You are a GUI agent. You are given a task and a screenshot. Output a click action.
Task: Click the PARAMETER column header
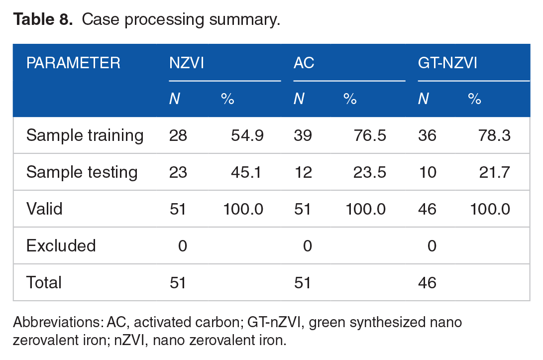tap(73, 63)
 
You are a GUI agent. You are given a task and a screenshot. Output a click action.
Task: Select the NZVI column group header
tap(187, 63)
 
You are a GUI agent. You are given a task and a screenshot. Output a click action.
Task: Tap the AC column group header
tap(304, 63)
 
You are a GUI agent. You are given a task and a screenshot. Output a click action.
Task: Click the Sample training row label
tap(85, 135)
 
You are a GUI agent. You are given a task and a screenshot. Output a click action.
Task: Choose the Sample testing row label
tap(82, 172)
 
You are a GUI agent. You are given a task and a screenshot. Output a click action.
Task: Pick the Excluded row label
tap(61, 245)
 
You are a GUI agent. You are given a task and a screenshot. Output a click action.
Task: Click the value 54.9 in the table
tap(247, 135)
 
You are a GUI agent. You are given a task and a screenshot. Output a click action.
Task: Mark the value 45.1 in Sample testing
tap(247, 172)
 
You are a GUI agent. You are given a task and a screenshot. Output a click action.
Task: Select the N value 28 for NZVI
tap(178, 135)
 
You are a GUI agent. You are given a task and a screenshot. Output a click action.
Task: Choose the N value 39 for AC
tap(302, 135)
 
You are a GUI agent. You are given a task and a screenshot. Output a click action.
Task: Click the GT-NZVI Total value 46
tap(427, 283)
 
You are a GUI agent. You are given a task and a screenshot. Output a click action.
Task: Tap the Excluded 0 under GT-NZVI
tap(432, 245)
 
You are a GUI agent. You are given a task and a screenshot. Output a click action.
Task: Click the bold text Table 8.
tap(44, 19)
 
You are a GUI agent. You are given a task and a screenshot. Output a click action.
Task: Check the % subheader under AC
tap(350, 99)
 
